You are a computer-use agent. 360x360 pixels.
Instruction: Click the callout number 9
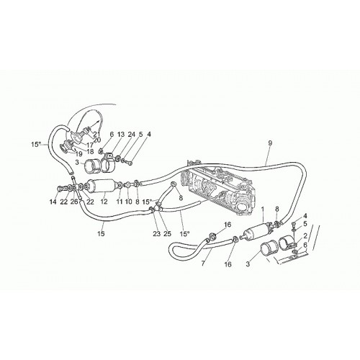coord(270,143)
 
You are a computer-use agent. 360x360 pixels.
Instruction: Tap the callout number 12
coord(104,202)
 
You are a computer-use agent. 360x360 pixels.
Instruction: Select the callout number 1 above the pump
coord(262,209)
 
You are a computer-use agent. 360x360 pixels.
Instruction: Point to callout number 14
coord(53,202)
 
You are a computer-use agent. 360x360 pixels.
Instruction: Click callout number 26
coord(74,202)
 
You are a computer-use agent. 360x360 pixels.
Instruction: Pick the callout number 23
coord(156,233)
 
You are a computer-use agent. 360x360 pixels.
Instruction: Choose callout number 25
coord(168,233)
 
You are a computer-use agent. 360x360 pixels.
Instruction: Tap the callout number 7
coord(203,264)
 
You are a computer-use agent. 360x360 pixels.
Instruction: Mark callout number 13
coord(121,135)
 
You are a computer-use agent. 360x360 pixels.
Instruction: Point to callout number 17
coord(90,145)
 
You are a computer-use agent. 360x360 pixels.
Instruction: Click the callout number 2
coord(305,236)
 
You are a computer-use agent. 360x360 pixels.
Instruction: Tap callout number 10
coord(128,202)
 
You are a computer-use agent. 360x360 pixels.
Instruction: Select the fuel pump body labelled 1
coord(258,231)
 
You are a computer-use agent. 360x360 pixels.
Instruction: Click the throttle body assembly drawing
coord(219,189)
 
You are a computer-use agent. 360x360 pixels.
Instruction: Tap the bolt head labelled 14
coord(59,189)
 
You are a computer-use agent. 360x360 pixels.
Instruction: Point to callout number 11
coord(120,202)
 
